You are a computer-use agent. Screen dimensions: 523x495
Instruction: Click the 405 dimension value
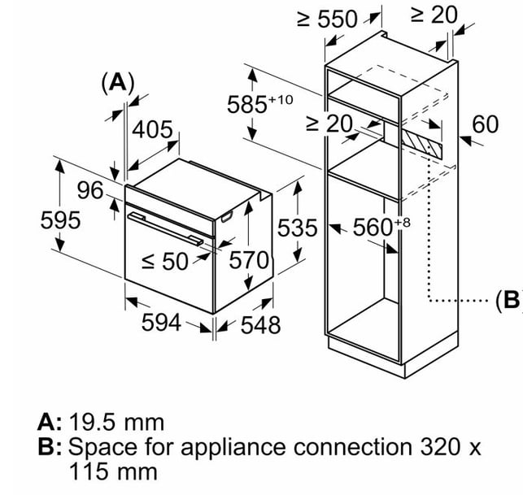[x=152, y=129]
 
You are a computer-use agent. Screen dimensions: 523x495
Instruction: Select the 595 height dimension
[x=60, y=220]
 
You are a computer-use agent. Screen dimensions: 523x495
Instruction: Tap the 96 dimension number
[x=90, y=190]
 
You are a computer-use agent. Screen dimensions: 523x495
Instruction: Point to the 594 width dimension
[x=161, y=323]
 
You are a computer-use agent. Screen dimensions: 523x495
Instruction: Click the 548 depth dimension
[x=260, y=325]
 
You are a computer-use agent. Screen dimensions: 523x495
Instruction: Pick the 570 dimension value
[x=249, y=260]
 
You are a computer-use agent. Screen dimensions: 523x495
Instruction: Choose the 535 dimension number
[x=297, y=228]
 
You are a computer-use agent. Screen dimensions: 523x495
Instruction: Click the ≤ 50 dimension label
[x=165, y=261]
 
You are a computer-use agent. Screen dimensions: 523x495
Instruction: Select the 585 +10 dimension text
[x=259, y=104]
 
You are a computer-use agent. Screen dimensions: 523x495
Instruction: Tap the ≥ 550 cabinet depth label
[x=328, y=19]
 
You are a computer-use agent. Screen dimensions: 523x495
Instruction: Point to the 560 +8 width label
[x=381, y=227]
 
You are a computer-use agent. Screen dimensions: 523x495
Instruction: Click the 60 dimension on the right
[x=486, y=124]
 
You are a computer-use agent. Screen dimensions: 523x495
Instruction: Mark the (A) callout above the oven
[x=118, y=82]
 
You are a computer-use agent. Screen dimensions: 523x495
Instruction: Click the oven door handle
[x=165, y=229]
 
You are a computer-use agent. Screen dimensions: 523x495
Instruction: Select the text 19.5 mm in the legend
[x=117, y=423]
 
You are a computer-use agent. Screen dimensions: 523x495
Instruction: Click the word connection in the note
[x=352, y=447]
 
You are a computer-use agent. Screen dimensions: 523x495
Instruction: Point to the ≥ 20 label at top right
[x=434, y=15]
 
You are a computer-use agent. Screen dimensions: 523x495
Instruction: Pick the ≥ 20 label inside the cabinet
[x=329, y=124]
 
